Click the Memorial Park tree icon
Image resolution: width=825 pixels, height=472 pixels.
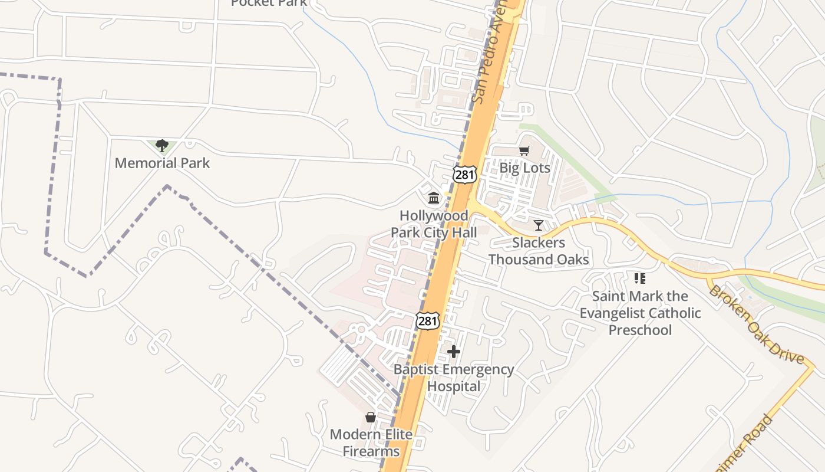point(162,145)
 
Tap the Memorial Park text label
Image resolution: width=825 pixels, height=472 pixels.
point(162,163)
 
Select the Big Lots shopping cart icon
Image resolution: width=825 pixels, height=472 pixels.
point(524,150)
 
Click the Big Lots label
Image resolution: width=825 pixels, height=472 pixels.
point(524,168)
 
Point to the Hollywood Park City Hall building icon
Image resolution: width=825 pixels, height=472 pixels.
point(434,198)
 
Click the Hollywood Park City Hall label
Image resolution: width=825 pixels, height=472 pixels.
point(434,224)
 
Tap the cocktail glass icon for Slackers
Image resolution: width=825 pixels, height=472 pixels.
point(538,225)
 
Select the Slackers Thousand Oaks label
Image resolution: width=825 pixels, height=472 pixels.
point(538,251)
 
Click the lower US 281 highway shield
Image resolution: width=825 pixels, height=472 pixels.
point(427,321)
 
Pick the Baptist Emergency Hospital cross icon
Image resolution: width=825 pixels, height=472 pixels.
point(453,352)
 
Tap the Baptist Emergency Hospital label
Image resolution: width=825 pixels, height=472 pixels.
point(453,378)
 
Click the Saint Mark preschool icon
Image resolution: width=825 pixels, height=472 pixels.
point(639,278)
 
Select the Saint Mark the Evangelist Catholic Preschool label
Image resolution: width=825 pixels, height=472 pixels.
point(640,313)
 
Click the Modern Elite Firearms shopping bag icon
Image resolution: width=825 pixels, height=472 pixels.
point(370,417)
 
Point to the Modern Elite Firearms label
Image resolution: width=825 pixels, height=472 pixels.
point(371,443)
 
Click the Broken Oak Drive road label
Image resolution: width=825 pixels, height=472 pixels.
point(756,324)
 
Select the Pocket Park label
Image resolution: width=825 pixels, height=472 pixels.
point(269,3)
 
